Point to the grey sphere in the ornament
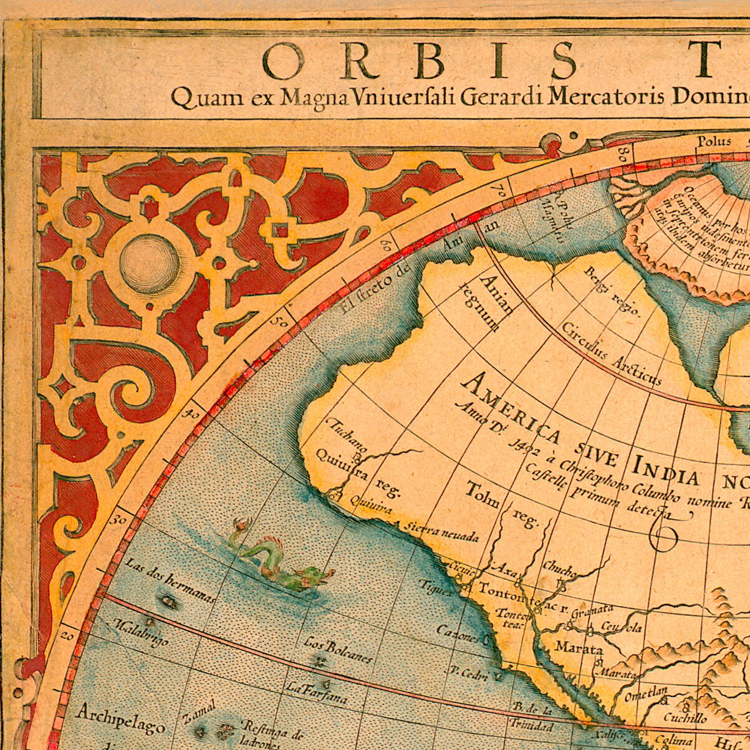150,264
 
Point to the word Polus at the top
714,141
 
